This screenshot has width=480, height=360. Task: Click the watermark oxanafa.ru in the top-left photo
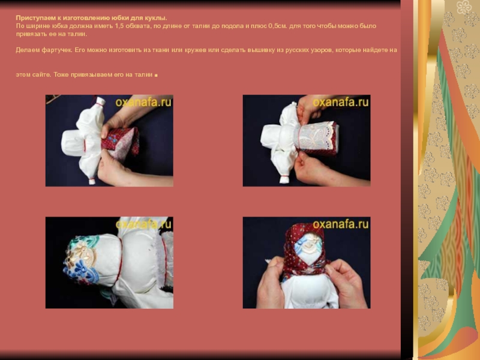[x=143, y=102]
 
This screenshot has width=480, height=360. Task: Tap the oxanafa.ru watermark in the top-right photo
[x=340, y=102]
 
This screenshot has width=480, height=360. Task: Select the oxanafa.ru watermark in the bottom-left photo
[x=143, y=224]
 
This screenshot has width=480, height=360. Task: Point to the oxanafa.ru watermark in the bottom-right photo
[x=340, y=224]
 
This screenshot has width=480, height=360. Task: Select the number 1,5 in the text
[x=119, y=26]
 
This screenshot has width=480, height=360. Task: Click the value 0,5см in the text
[x=278, y=26]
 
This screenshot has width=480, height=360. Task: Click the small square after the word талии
[x=156, y=76]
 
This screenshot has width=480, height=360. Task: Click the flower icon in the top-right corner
[x=464, y=7]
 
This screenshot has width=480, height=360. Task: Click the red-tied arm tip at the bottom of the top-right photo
[x=284, y=179]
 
